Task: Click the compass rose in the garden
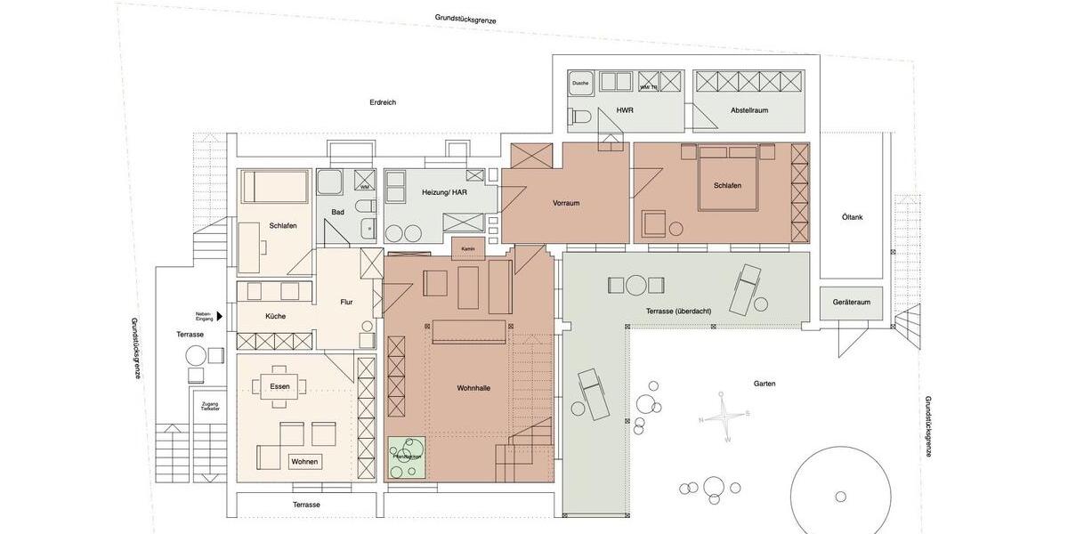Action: click(x=727, y=419)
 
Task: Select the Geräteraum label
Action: click(x=851, y=302)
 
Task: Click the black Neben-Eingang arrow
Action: click(x=218, y=314)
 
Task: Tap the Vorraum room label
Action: click(x=566, y=203)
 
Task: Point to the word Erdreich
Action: click(x=383, y=102)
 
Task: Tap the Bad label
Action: click(x=337, y=212)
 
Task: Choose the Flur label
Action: click(x=346, y=302)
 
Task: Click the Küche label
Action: click(x=275, y=315)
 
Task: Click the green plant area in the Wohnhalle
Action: click(x=409, y=457)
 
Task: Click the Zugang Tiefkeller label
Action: click(x=210, y=406)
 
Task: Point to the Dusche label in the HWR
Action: click(x=579, y=83)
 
